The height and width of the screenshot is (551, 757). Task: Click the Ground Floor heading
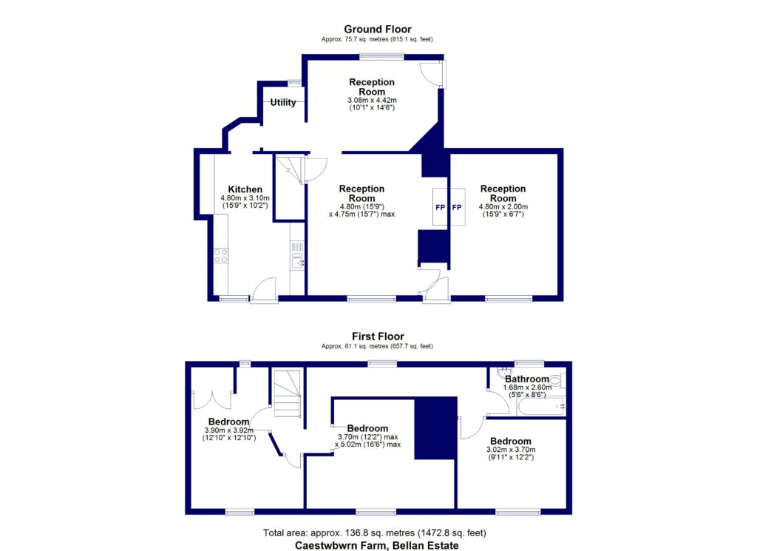click(x=378, y=30)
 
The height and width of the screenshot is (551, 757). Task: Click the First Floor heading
click(x=378, y=337)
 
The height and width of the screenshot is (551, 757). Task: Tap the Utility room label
click(x=283, y=103)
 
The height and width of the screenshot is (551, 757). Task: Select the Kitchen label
click(x=245, y=189)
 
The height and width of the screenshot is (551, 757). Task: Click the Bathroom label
click(x=527, y=379)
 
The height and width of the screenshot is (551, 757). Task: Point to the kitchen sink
click(x=296, y=260)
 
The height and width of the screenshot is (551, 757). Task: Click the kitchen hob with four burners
click(x=220, y=256)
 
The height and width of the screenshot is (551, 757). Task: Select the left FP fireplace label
click(x=439, y=207)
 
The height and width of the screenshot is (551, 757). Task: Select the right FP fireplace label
click(x=457, y=207)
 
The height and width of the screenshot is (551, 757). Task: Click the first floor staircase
click(x=288, y=396)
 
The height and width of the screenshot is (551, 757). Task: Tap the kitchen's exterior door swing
click(x=265, y=288)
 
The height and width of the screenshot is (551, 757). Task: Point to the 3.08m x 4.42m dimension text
click(x=373, y=100)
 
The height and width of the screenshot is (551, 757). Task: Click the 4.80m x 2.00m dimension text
click(x=503, y=206)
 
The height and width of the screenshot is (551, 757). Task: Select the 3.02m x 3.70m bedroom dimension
click(x=510, y=450)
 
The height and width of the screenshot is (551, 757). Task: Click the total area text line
click(x=375, y=533)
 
